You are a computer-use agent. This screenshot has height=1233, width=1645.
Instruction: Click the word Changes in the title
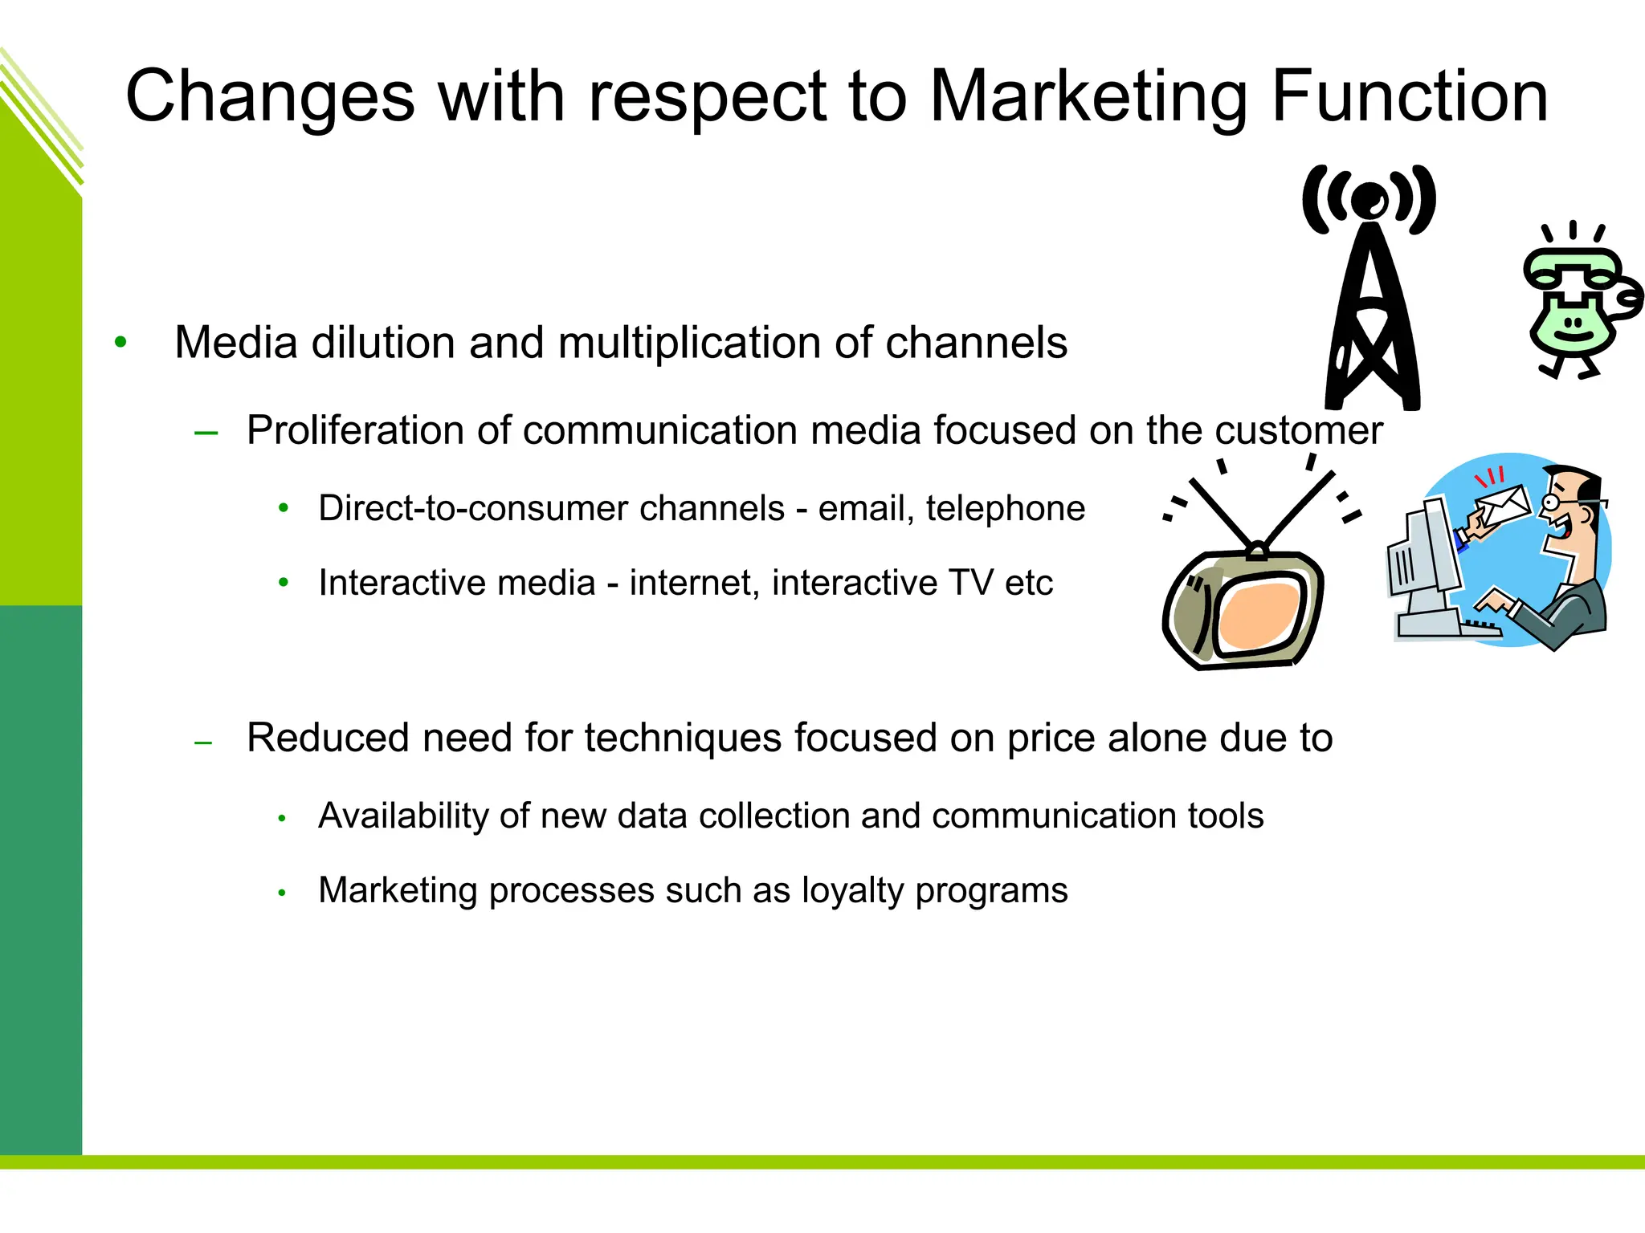(270, 98)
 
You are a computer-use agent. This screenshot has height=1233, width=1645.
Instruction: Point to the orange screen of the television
(1257, 614)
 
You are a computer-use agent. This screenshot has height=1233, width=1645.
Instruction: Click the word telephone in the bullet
(1005, 508)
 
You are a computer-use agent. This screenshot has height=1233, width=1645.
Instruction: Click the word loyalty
(853, 890)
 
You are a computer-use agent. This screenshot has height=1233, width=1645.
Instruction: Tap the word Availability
(404, 816)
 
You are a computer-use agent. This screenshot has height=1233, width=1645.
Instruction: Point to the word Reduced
(328, 738)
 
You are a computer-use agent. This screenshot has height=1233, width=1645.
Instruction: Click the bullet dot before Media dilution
(120, 343)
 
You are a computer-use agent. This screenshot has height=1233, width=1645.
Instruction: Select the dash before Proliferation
(206, 433)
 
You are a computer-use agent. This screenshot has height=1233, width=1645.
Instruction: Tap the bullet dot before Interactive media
(283, 583)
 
